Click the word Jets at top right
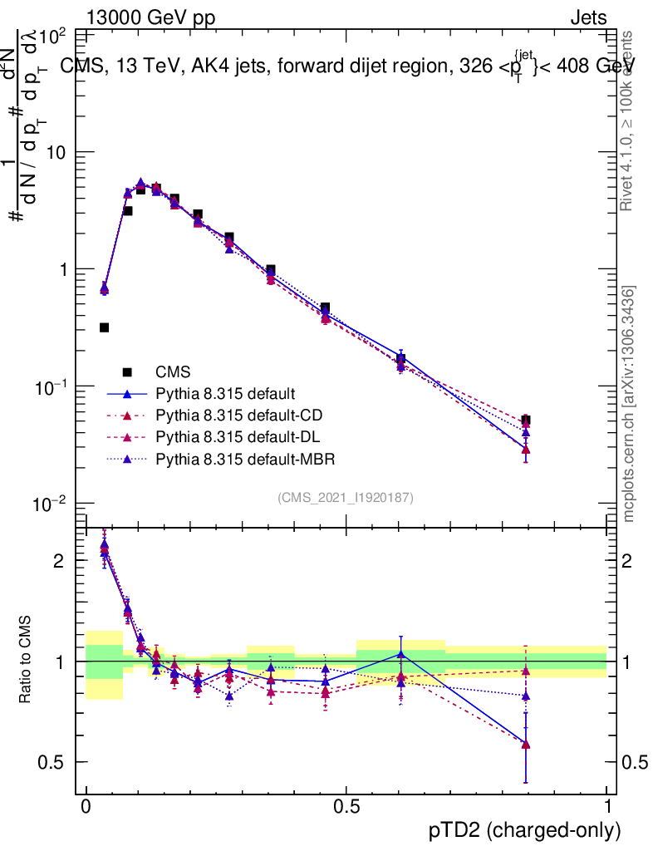point(588,17)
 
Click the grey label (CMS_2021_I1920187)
point(346,497)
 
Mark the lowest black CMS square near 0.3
point(104,327)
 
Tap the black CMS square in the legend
point(127,371)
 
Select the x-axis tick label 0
point(86,806)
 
